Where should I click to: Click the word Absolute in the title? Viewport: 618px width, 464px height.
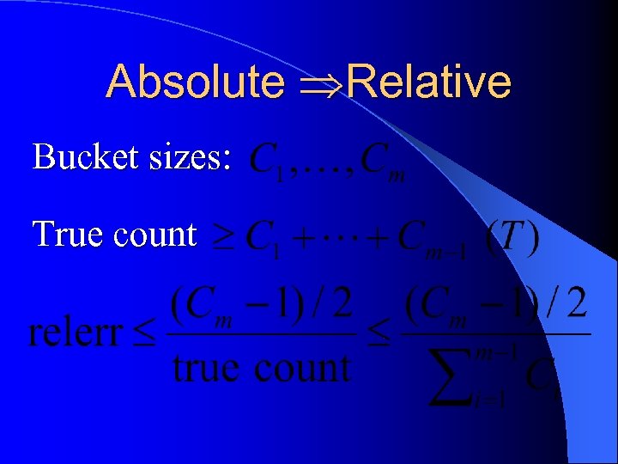tap(196, 82)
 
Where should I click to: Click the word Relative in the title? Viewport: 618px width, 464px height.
tap(430, 82)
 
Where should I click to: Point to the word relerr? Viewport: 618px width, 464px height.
tap(75, 333)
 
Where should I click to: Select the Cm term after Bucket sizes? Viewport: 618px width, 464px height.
tap(382, 161)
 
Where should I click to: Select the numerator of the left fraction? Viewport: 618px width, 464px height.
tap(262, 305)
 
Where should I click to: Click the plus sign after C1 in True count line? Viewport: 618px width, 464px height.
tap(303, 239)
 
